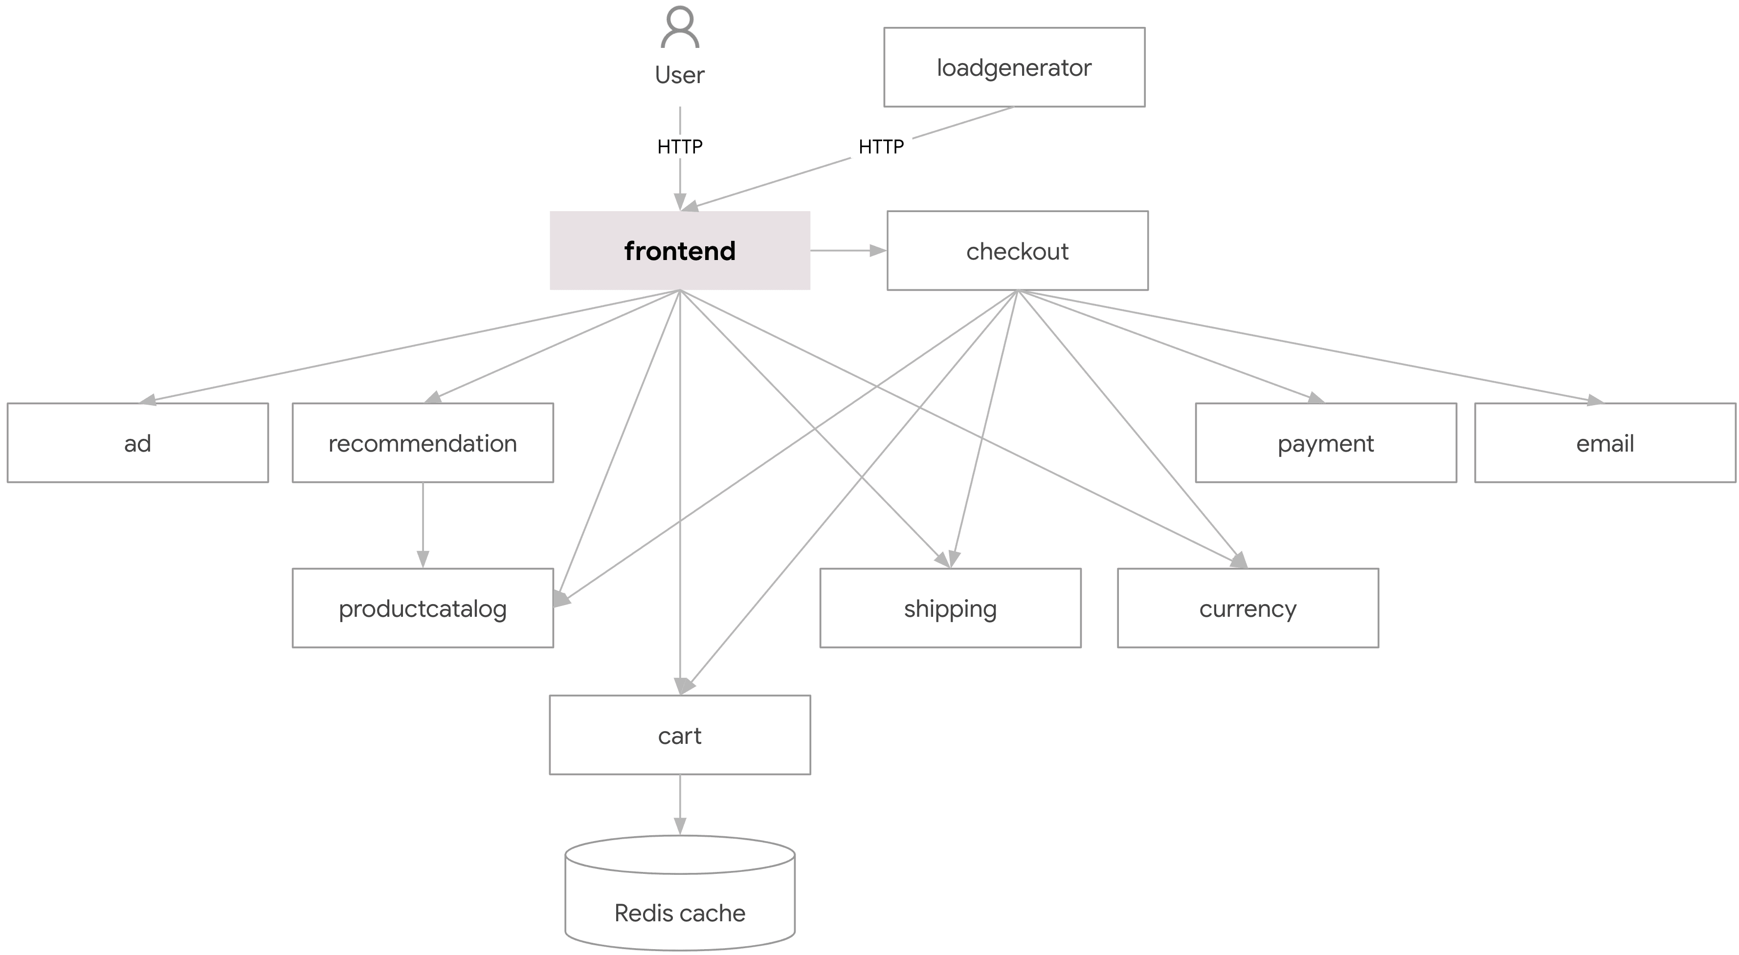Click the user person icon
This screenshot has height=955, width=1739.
click(680, 28)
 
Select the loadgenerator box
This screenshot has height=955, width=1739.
click(1014, 67)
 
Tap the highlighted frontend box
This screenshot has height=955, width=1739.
click(680, 250)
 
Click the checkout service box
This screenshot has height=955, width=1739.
click(1017, 250)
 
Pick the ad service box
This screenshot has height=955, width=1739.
click(138, 443)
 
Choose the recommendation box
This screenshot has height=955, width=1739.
click(423, 443)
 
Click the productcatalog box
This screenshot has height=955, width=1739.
click(423, 608)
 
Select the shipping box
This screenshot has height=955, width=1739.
click(950, 608)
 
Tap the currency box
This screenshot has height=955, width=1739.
click(1248, 608)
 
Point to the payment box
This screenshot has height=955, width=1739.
click(1325, 443)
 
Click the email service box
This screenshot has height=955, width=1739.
click(1605, 443)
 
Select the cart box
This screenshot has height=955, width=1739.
click(680, 735)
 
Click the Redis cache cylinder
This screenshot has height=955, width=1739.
click(680, 898)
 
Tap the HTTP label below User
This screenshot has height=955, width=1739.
click(680, 147)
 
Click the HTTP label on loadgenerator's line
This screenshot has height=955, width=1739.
click(881, 147)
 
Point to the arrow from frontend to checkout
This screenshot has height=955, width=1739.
click(848, 250)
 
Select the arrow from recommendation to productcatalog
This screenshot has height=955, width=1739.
click(423, 525)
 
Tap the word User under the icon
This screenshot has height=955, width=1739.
click(680, 75)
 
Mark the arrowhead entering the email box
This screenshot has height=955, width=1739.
click(1595, 401)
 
